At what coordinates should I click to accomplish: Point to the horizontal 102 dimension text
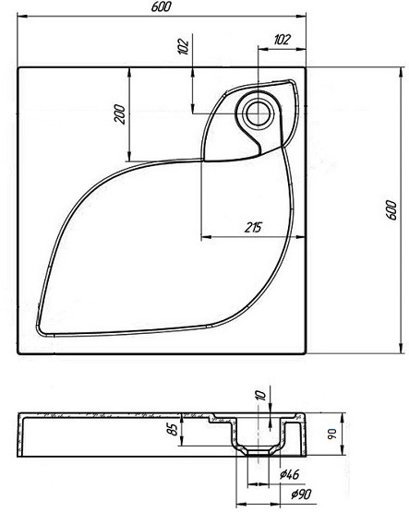pyautogui.click(x=283, y=39)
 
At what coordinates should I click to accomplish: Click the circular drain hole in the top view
pyautogui.click(x=256, y=112)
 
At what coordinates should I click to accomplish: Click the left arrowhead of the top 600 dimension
pyautogui.click(x=21, y=16)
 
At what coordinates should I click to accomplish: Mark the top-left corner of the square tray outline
pyautogui.click(x=18, y=65)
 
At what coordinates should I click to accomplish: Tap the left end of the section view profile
pyautogui.click(x=20, y=433)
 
